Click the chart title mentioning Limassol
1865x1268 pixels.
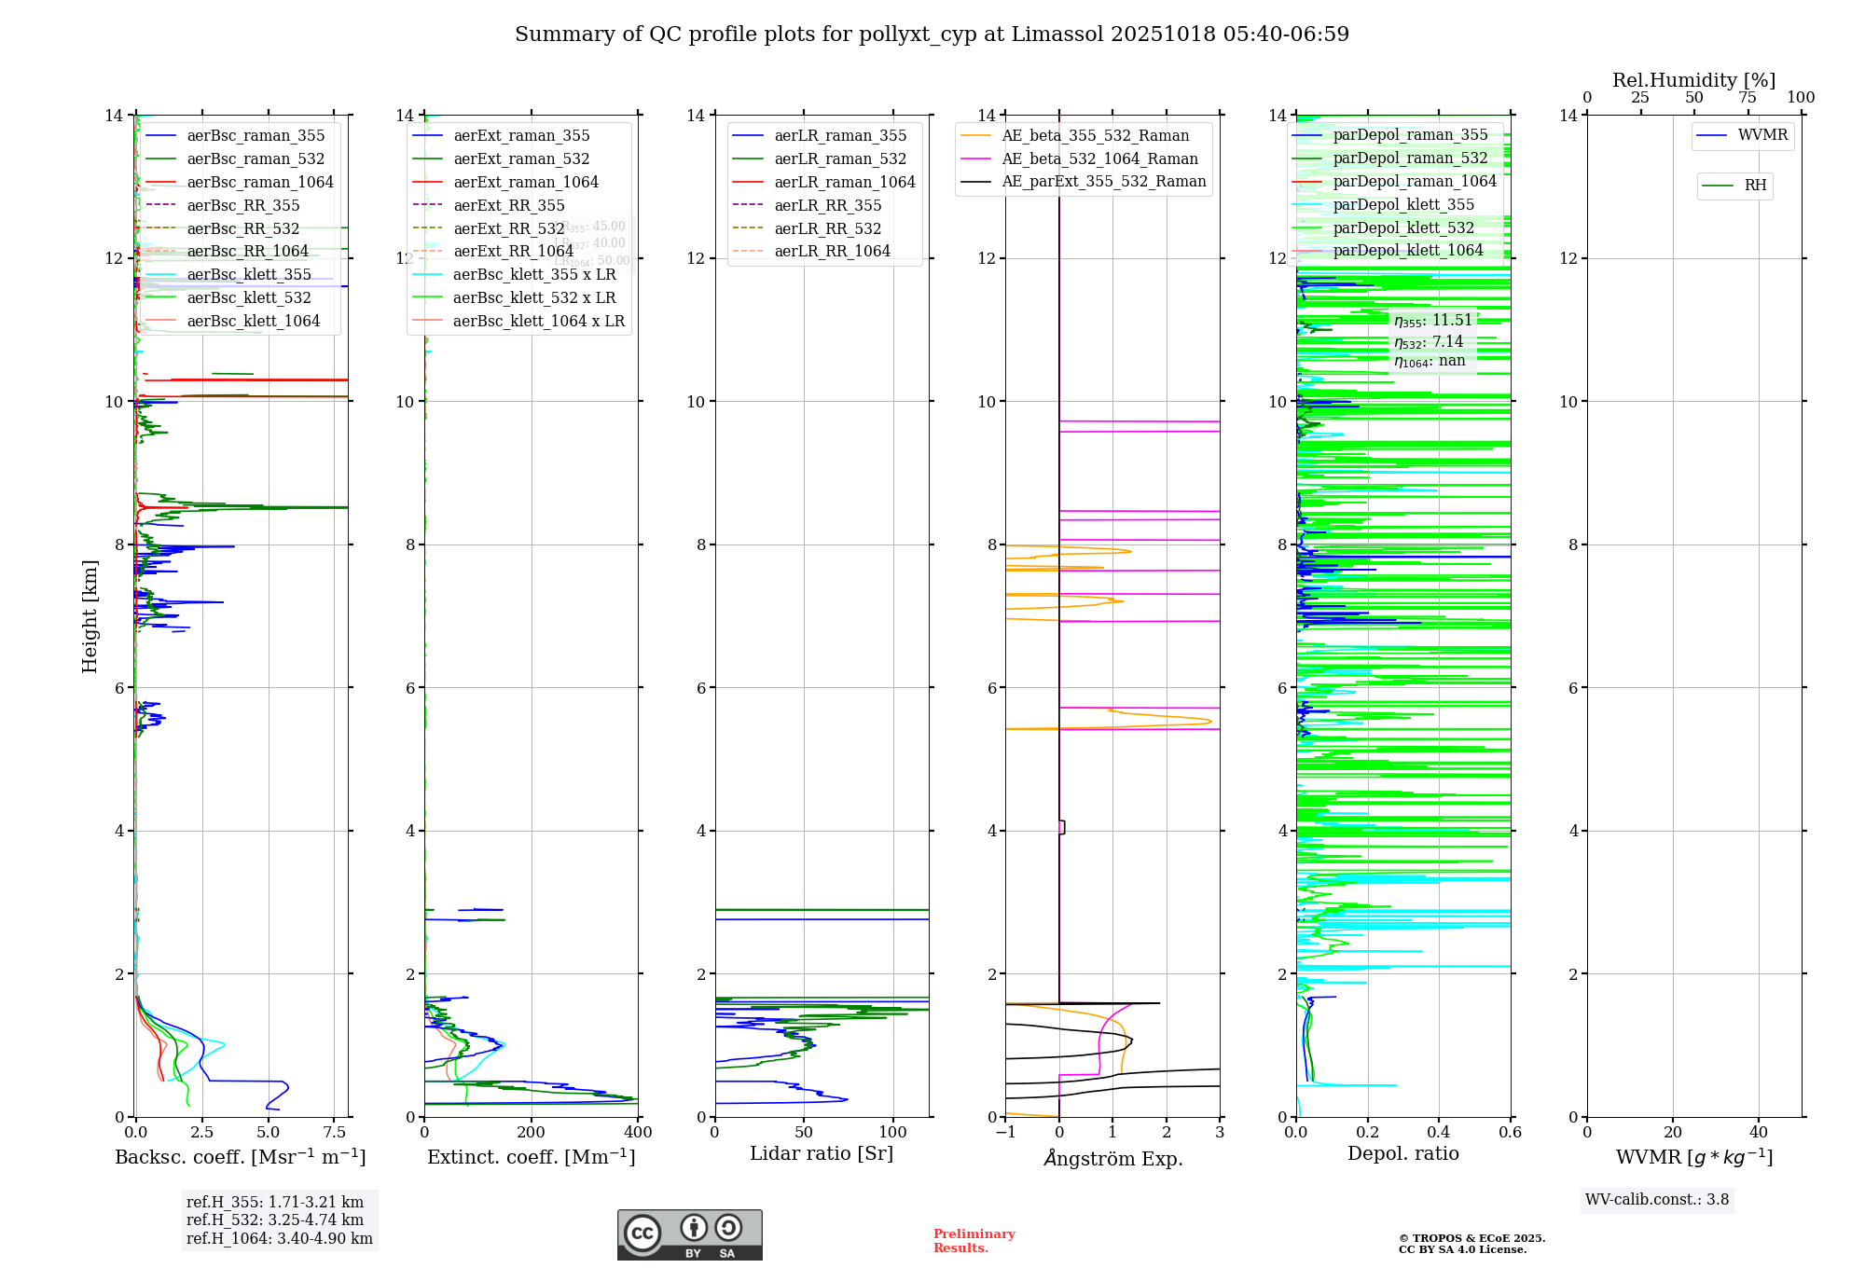(932, 34)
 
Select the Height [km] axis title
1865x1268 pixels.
(90, 615)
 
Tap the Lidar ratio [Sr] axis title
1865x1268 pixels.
(822, 1154)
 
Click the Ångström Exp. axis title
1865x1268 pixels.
(1112, 1159)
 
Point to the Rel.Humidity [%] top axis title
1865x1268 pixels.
(1693, 80)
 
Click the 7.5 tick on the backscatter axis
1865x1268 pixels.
(335, 1133)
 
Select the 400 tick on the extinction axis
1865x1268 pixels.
(639, 1133)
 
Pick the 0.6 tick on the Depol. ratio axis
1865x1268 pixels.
(1510, 1133)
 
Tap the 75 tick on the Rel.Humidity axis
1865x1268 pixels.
(1747, 98)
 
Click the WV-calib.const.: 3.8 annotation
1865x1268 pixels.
(1657, 1200)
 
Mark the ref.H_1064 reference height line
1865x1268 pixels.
(280, 1239)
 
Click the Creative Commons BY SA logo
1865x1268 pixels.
(690, 1235)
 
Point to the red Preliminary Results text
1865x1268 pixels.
(974, 1241)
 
